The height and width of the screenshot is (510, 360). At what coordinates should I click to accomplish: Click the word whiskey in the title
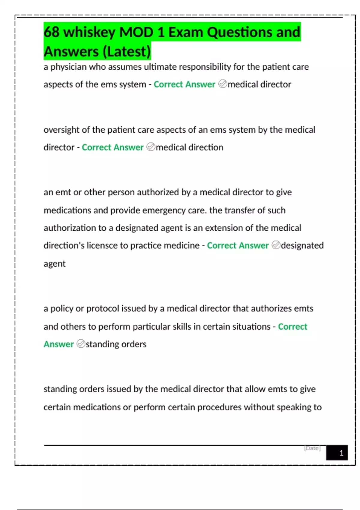click(89, 32)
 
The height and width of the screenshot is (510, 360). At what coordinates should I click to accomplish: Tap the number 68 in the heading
click(52, 32)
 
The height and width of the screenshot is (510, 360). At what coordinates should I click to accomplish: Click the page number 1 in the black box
click(341, 453)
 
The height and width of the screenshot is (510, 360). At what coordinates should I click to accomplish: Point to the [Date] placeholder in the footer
click(312, 448)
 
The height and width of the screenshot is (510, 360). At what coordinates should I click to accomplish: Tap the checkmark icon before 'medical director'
click(223, 84)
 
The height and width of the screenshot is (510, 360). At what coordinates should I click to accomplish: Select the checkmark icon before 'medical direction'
click(151, 147)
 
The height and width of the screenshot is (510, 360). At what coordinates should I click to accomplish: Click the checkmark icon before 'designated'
click(276, 245)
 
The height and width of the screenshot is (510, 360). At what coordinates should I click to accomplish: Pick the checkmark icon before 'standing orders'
click(81, 344)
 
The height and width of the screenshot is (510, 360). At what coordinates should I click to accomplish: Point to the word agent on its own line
click(54, 264)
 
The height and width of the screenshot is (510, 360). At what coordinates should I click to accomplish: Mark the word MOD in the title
click(136, 32)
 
